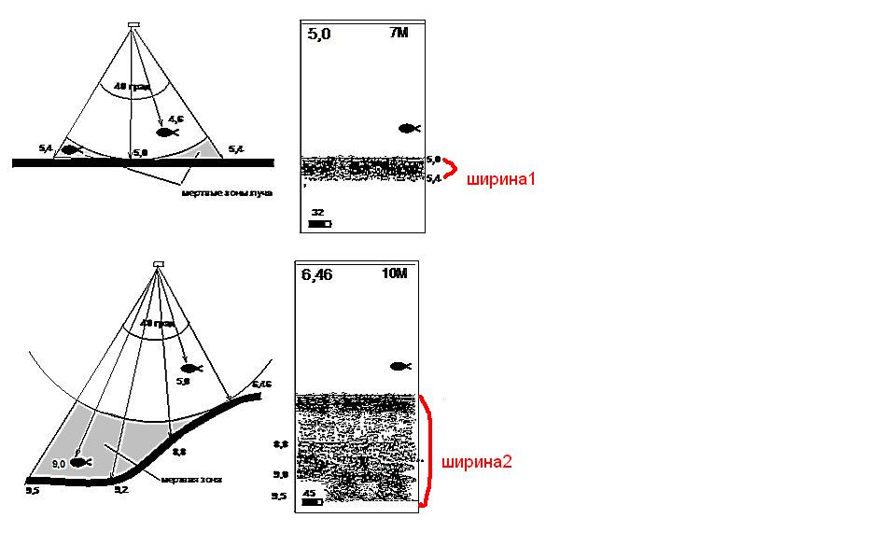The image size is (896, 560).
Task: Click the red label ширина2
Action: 476,461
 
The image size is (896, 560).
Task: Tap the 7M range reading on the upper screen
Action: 399,34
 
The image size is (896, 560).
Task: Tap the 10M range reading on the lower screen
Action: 396,274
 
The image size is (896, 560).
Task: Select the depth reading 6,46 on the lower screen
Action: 316,275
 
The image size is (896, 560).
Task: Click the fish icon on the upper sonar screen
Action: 409,128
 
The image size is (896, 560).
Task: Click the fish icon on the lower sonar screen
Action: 401,367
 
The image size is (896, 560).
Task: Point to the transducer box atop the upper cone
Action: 133,25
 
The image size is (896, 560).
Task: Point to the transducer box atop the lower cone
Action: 159,264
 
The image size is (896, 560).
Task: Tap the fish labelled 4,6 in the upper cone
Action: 167,133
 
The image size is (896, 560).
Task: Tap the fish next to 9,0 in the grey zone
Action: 81,462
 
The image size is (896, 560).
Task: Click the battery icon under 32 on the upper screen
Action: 319,224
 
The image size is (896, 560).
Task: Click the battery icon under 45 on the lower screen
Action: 312,501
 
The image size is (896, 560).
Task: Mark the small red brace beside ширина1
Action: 450,169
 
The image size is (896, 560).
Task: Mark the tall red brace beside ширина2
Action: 427,452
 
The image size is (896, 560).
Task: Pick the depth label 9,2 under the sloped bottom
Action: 120,489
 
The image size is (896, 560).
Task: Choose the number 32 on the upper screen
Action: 317,213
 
